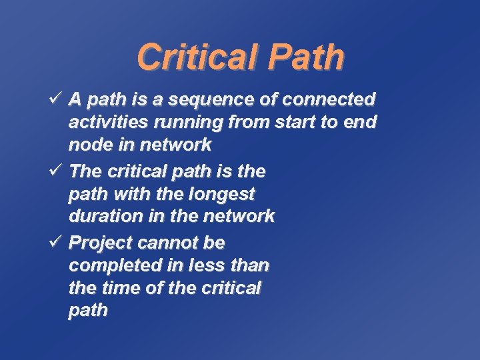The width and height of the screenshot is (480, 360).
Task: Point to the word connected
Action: [329, 100]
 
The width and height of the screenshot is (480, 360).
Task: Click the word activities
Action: [107, 122]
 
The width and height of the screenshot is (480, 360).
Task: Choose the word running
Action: [186, 123]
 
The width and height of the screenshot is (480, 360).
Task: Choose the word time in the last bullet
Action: [119, 288]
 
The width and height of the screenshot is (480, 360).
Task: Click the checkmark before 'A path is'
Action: [56, 100]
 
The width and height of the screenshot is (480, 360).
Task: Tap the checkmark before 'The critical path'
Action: [56, 171]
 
